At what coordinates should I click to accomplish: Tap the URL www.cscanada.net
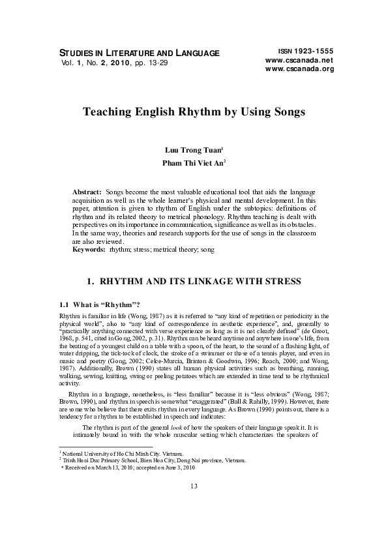300,60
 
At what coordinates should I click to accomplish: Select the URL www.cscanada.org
300,68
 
